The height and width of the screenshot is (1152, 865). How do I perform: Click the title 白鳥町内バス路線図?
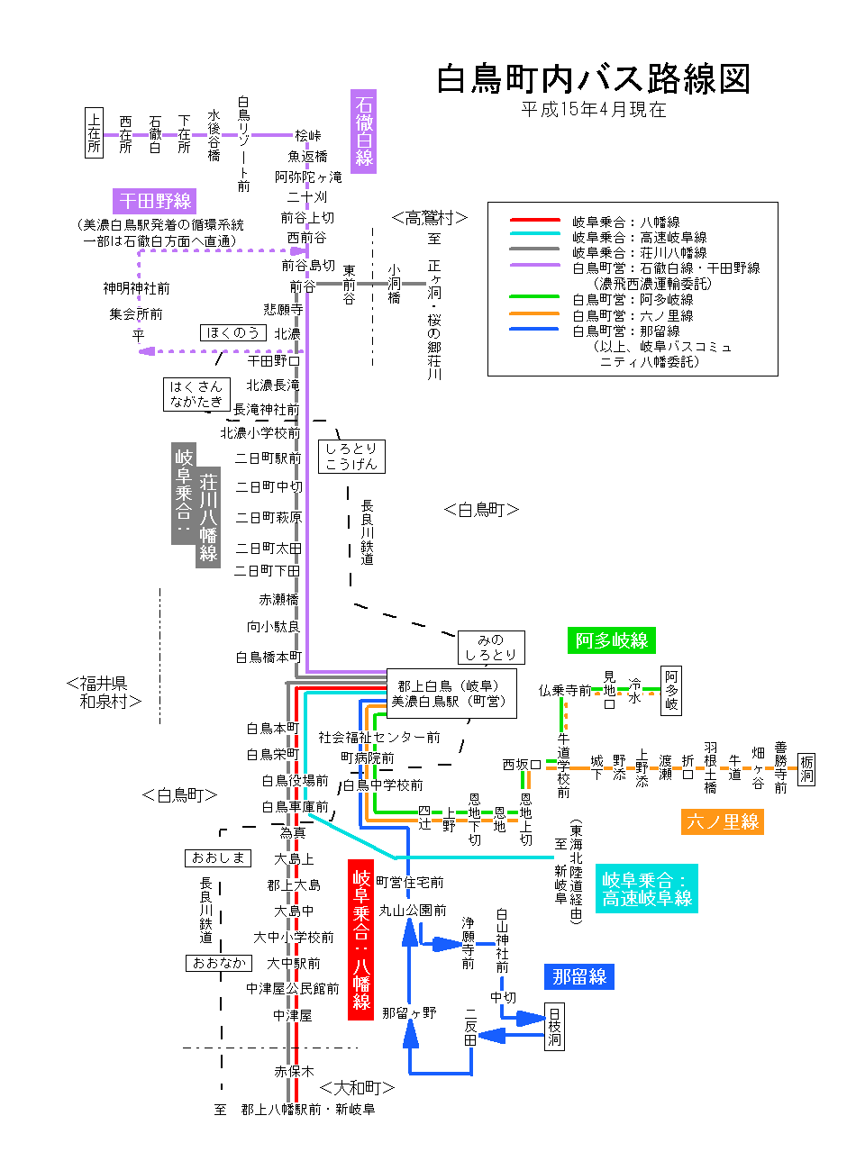[x=593, y=79]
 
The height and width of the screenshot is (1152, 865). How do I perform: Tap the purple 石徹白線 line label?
[x=363, y=132]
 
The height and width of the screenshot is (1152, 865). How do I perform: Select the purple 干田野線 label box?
[x=155, y=201]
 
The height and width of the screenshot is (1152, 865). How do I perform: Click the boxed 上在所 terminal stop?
[x=95, y=132]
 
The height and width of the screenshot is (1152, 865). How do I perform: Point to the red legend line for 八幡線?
[x=535, y=221]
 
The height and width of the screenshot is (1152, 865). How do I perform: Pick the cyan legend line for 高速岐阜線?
[x=535, y=236]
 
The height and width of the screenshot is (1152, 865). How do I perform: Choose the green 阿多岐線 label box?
[x=612, y=640]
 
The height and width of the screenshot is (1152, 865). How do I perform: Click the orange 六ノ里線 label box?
[x=723, y=821]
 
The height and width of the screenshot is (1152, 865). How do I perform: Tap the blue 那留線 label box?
[x=578, y=976]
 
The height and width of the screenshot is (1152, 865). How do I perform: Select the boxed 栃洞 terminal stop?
[x=806, y=768]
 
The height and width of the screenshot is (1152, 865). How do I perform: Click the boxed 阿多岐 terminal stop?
[x=671, y=691]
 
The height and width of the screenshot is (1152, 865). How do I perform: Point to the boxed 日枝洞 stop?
[x=555, y=1027]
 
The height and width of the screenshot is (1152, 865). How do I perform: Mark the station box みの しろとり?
[x=491, y=648]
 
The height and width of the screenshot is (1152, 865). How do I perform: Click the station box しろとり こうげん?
[x=351, y=457]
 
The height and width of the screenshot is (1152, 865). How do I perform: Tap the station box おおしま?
[x=218, y=857]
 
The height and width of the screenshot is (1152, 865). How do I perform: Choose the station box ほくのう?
[x=233, y=332]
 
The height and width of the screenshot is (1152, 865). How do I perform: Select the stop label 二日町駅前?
[x=268, y=458]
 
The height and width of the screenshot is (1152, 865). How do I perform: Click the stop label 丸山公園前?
[x=413, y=911]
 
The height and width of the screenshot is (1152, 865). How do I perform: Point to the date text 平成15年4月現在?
[x=594, y=110]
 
